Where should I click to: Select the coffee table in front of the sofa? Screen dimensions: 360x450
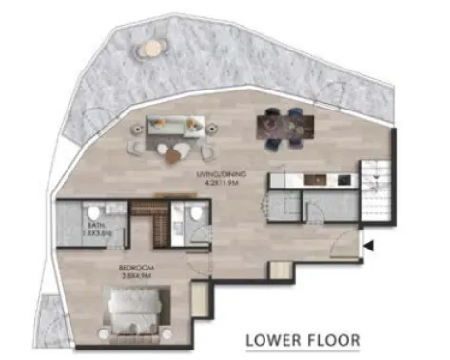pyautogui.click(x=173, y=150)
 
